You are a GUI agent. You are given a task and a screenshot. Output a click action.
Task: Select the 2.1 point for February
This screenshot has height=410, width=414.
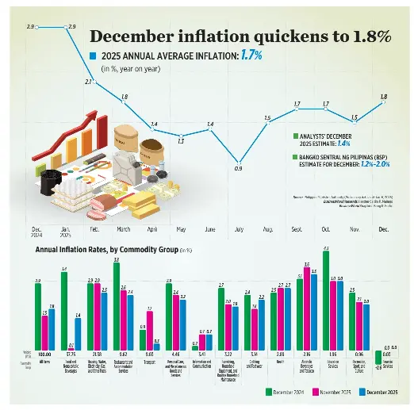[x=94, y=88]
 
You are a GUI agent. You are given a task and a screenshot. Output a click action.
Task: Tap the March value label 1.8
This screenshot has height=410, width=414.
[x=124, y=98]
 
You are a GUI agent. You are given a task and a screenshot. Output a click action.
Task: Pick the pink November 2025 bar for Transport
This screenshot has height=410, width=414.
[x=149, y=329]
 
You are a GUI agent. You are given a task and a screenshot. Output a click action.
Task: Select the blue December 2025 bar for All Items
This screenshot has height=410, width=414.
[x=52, y=329]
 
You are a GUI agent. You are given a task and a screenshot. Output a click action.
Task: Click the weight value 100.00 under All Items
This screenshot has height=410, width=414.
[x=44, y=354]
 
